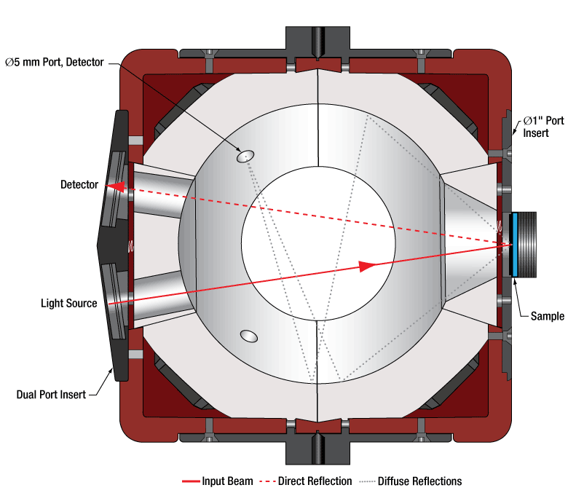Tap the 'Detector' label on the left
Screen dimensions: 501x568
click(x=79, y=185)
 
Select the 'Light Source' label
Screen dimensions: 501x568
click(x=68, y=303)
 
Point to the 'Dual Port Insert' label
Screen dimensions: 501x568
click(x=51, y=395)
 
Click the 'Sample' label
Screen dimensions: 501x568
click(x=547, y=316)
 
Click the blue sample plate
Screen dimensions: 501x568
click(x=514, y=244)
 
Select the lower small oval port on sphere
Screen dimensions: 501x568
click(x=249, y=336)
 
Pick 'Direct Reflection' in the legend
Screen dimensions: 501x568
click(x=316, y=481)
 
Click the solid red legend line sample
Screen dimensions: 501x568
click(x=192, y=481)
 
